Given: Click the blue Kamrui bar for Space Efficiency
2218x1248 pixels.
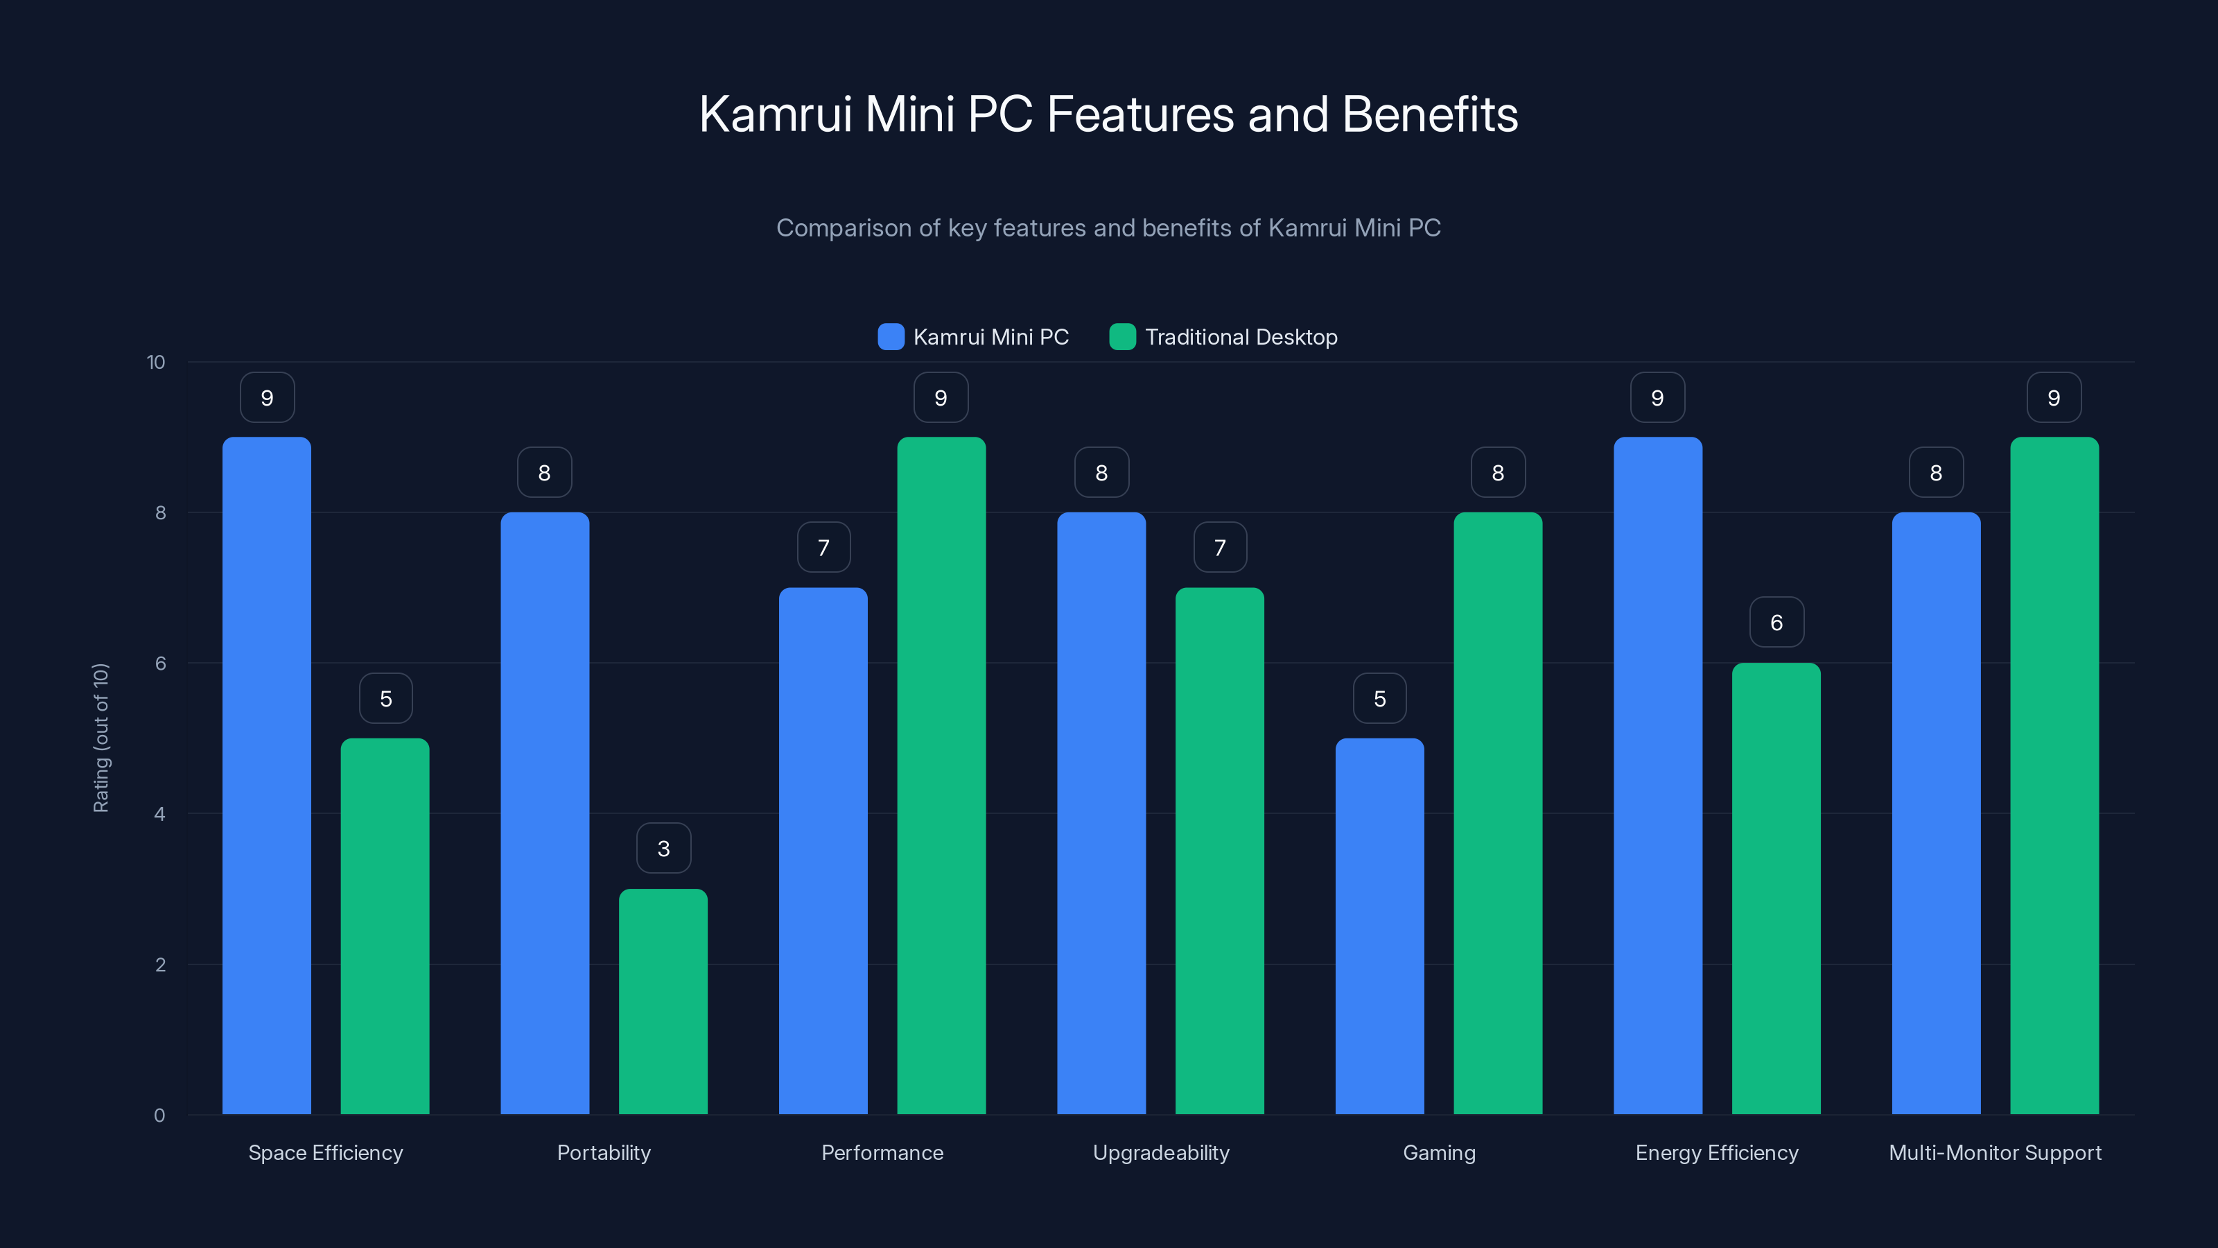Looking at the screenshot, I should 267,775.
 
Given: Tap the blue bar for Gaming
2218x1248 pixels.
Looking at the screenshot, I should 1379,926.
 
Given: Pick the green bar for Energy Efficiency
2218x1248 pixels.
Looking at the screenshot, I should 1776,888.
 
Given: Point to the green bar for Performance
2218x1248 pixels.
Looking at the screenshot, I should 941,775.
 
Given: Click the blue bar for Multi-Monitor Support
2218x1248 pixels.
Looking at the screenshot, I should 1936,813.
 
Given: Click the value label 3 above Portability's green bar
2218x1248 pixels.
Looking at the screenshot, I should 663,849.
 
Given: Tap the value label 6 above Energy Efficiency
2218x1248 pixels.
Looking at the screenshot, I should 1776,622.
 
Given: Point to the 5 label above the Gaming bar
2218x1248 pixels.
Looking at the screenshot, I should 1379,697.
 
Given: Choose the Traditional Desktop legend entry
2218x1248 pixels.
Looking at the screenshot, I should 1240,337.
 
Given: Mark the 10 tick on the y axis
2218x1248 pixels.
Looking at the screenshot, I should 156,362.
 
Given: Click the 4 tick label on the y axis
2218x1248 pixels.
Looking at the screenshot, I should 159,814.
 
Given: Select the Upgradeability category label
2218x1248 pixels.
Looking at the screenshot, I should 1161,1152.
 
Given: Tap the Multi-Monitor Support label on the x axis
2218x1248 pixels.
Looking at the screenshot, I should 1995,1152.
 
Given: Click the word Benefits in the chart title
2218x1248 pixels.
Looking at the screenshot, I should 1429,114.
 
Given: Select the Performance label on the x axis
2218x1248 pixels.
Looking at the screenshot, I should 882,1152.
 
